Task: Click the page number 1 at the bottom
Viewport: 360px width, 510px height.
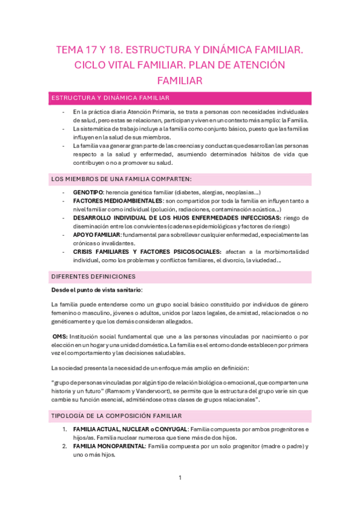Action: pyautogui.click(x=180, y=478)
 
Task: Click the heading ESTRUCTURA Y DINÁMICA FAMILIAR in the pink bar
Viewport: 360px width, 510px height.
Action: pyautogui.click(x=110, y=98)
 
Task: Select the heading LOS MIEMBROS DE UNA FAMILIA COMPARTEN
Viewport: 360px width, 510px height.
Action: pyautogui.click(x=122, y=179)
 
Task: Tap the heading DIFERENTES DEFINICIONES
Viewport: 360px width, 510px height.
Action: pyautogui.click(x=93, y=276)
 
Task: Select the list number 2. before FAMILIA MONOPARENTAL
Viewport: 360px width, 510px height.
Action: pyautogui.click(x=66, y=446)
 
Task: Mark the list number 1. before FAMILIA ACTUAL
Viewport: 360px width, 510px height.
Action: pyautogui.click(x=66, y=429)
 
